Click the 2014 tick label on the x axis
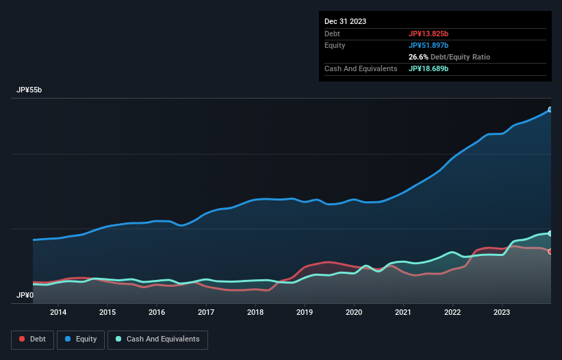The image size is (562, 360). click(x=58, y=313)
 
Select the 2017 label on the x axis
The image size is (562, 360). click(x=206, y=313)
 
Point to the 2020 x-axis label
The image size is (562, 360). click(x=354, y=313)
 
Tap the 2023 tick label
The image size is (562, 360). click(x=502, y=313)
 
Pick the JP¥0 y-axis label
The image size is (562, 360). click(x=25, y=295)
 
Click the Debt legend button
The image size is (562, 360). click(x=32, y=339)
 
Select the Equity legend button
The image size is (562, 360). click(x=81, y=339)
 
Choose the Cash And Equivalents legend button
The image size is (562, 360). click(x=157, y=339)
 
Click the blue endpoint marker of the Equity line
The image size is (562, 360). click(x=550, y=110)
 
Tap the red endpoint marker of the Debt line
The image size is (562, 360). click(x=550, y=251)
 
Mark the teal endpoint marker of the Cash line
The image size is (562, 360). click(x=550, y=233)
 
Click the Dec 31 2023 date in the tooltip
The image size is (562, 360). click(x=346, y=21)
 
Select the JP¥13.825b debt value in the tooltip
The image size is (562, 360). click(x=429, y=34)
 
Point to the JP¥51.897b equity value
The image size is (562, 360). click(x=429, y=45)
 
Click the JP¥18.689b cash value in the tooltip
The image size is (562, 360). click(x=429, y=68)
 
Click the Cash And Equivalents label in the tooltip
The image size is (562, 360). click(x=361, y=68)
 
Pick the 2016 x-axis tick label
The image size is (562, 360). click(x=157, y=313)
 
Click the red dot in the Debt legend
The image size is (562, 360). click(x=23, y=339)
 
